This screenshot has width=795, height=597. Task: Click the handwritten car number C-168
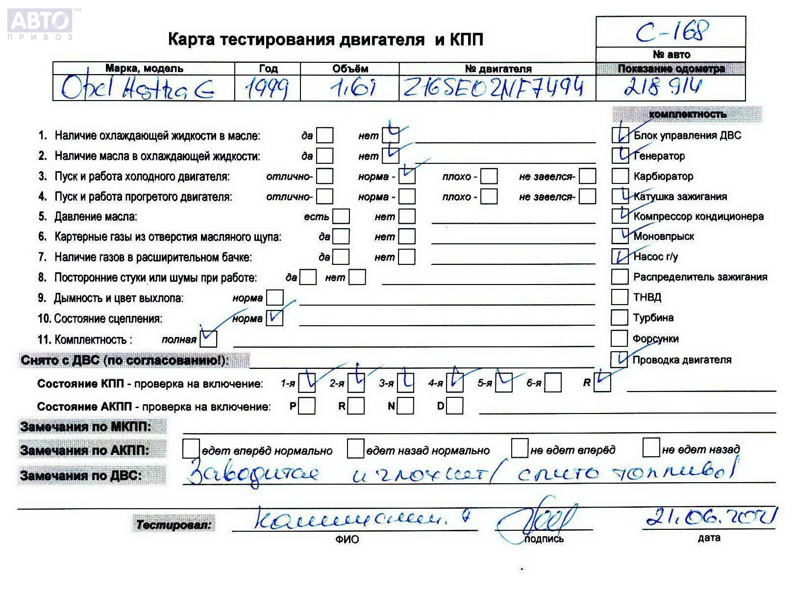[x=672, y=31]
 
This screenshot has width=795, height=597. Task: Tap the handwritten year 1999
[x=267, y=89]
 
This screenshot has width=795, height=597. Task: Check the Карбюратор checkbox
[x=620, y=176]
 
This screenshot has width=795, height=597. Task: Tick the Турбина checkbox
[x=620, y=317]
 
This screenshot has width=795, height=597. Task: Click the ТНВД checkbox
[x=620, y=297]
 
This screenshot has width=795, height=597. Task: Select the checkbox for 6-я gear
[x=553, y=383]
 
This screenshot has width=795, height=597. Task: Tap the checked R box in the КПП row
[x=602, y=383]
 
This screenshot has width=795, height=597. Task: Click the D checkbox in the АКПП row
[x=455, y=406]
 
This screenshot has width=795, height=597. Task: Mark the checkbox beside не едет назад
[x=651, y=448]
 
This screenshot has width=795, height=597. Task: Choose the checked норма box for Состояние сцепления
[x=274, y=318]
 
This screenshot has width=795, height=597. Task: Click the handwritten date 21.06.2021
[x=711, y=517]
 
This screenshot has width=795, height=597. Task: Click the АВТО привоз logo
[x=40, y=24]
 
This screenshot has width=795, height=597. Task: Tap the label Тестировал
[x=174, y=525]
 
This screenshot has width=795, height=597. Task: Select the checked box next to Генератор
[x=620, y=156]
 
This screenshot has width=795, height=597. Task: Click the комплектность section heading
[x=687, y=114]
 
